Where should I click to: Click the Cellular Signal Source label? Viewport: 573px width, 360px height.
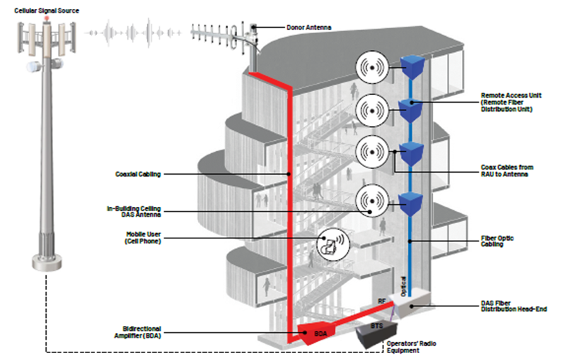point(47,11)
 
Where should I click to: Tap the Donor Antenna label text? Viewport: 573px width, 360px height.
point(309,27)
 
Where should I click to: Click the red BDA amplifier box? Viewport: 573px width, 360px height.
point(316,333)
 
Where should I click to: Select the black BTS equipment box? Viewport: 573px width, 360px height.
point(376,334)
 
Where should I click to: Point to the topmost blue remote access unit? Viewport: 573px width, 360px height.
point(413,67)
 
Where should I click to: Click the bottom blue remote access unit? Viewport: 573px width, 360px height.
point(410,204)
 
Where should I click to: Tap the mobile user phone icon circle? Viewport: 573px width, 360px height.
point(333,244)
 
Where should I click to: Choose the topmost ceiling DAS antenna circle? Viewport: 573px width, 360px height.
point(372,67)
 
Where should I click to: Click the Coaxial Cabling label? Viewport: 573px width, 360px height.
point(138,174)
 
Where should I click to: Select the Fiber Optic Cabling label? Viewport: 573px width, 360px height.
point(497,241)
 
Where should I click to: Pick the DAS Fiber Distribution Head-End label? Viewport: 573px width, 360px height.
point(514,306)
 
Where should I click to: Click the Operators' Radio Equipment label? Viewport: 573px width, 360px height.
point(411,347)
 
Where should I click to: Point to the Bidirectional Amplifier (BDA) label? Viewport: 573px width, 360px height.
point(138,332)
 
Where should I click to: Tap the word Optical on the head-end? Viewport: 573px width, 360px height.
point(403,286)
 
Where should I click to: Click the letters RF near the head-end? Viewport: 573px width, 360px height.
point(381,301)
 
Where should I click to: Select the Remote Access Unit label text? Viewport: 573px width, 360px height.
point(511,102)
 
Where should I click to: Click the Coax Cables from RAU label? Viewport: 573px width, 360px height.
point(507,171)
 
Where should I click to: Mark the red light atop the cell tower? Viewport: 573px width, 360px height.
point(47,18)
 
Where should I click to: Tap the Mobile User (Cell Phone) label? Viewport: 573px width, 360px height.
point(143,238)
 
